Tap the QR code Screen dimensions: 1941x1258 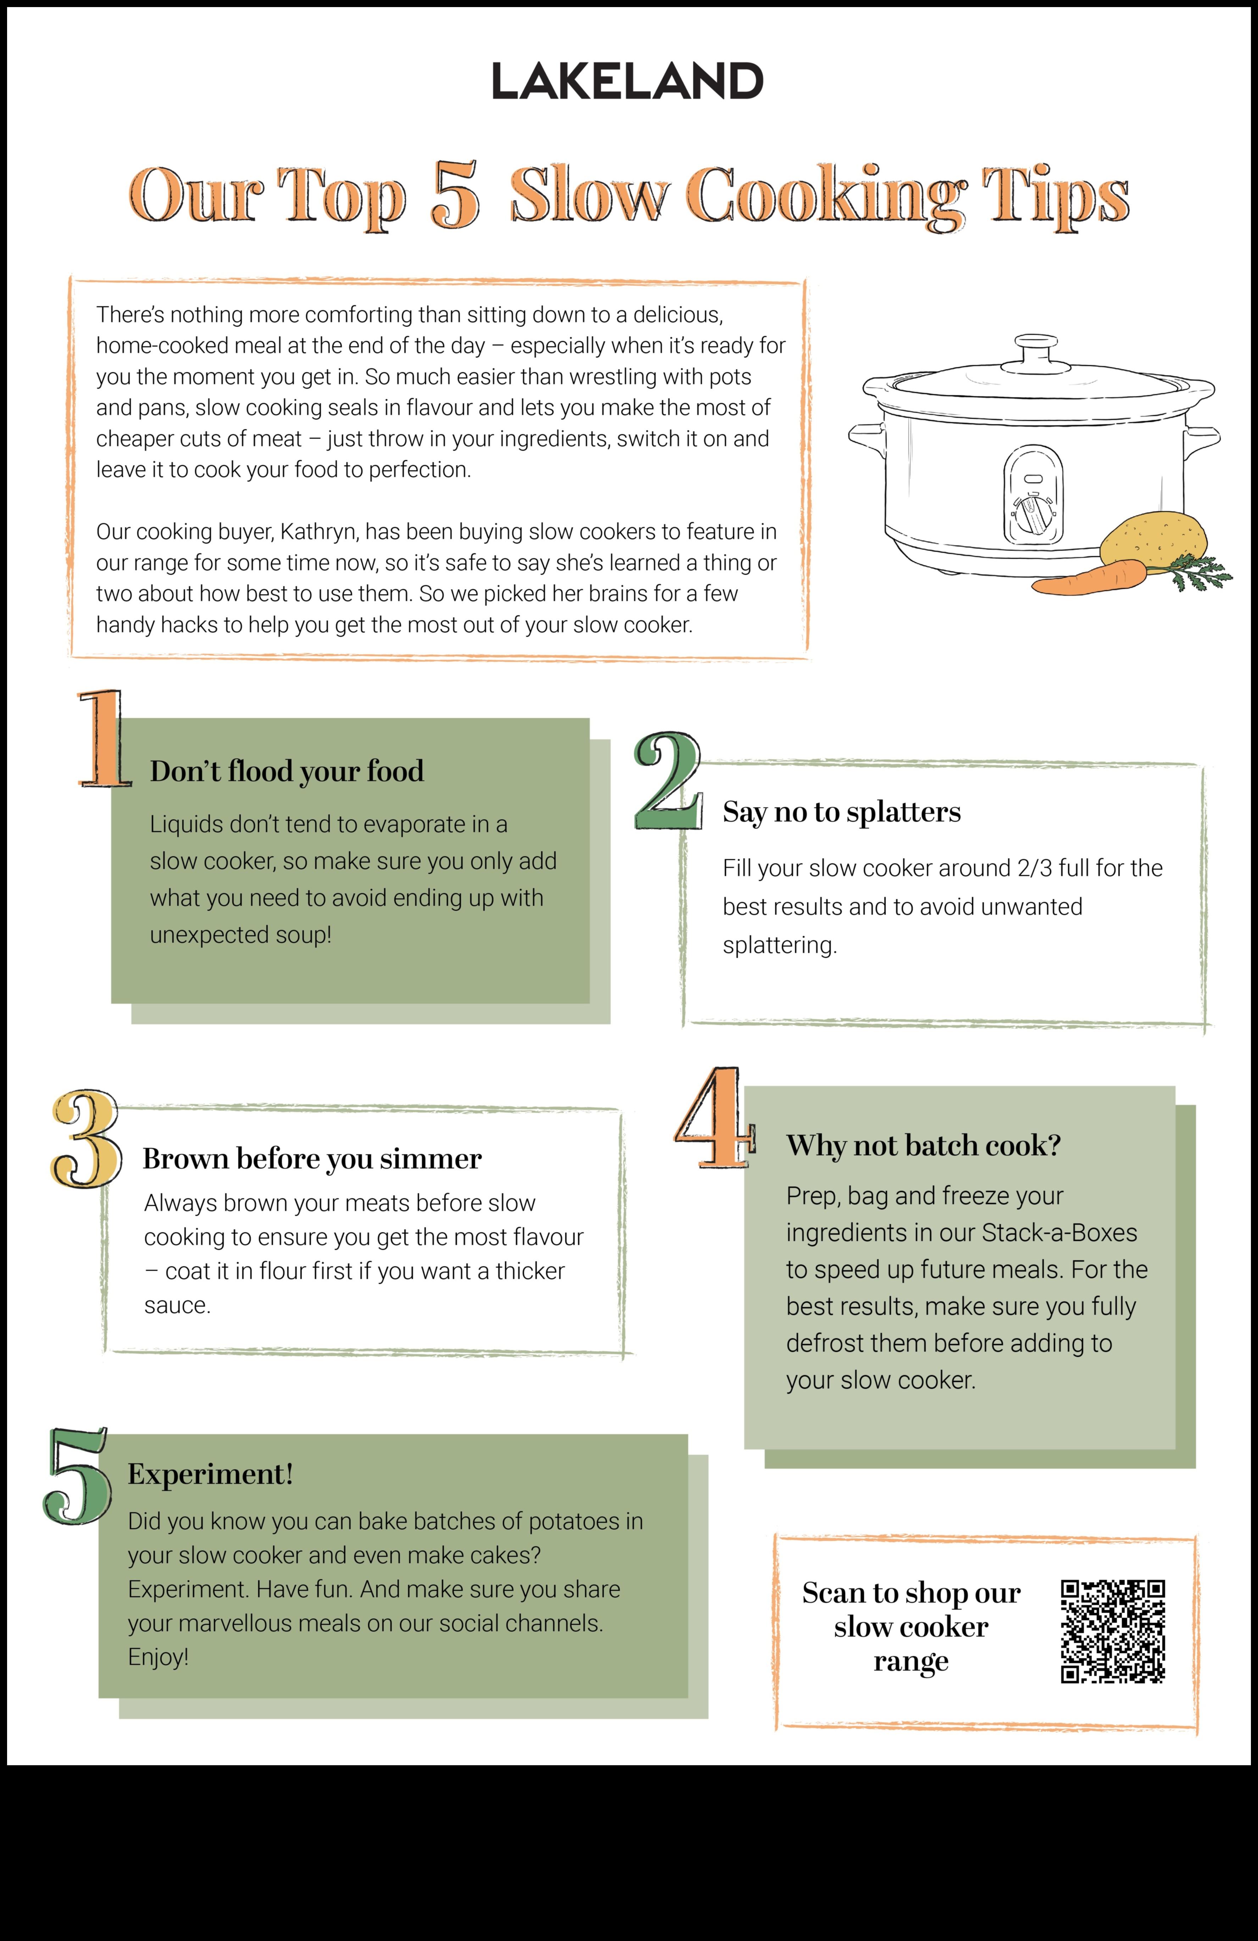click(1113, 1631)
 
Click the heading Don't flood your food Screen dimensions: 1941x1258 click(286, 772)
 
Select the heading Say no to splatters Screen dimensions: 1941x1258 click(841, 812)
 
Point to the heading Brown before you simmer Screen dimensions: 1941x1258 click(312, 1159)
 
